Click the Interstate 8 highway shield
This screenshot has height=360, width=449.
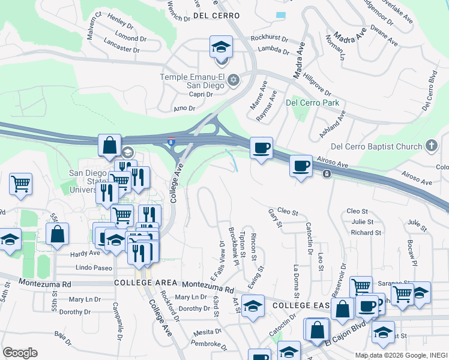tap(172, 142)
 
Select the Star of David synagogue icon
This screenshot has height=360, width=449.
tap(234, 79)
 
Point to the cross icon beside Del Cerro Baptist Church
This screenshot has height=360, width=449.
tap(431, 146)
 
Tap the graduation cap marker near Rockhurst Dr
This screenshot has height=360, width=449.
tap(221, 47)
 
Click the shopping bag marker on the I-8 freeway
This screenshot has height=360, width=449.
tap(110, 146)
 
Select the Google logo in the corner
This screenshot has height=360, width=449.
tap(20, 352)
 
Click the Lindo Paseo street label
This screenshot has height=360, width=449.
tap(90, 267)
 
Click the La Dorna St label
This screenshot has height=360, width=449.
tap(295, 281)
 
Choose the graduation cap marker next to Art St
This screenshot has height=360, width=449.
tap(253, 306)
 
